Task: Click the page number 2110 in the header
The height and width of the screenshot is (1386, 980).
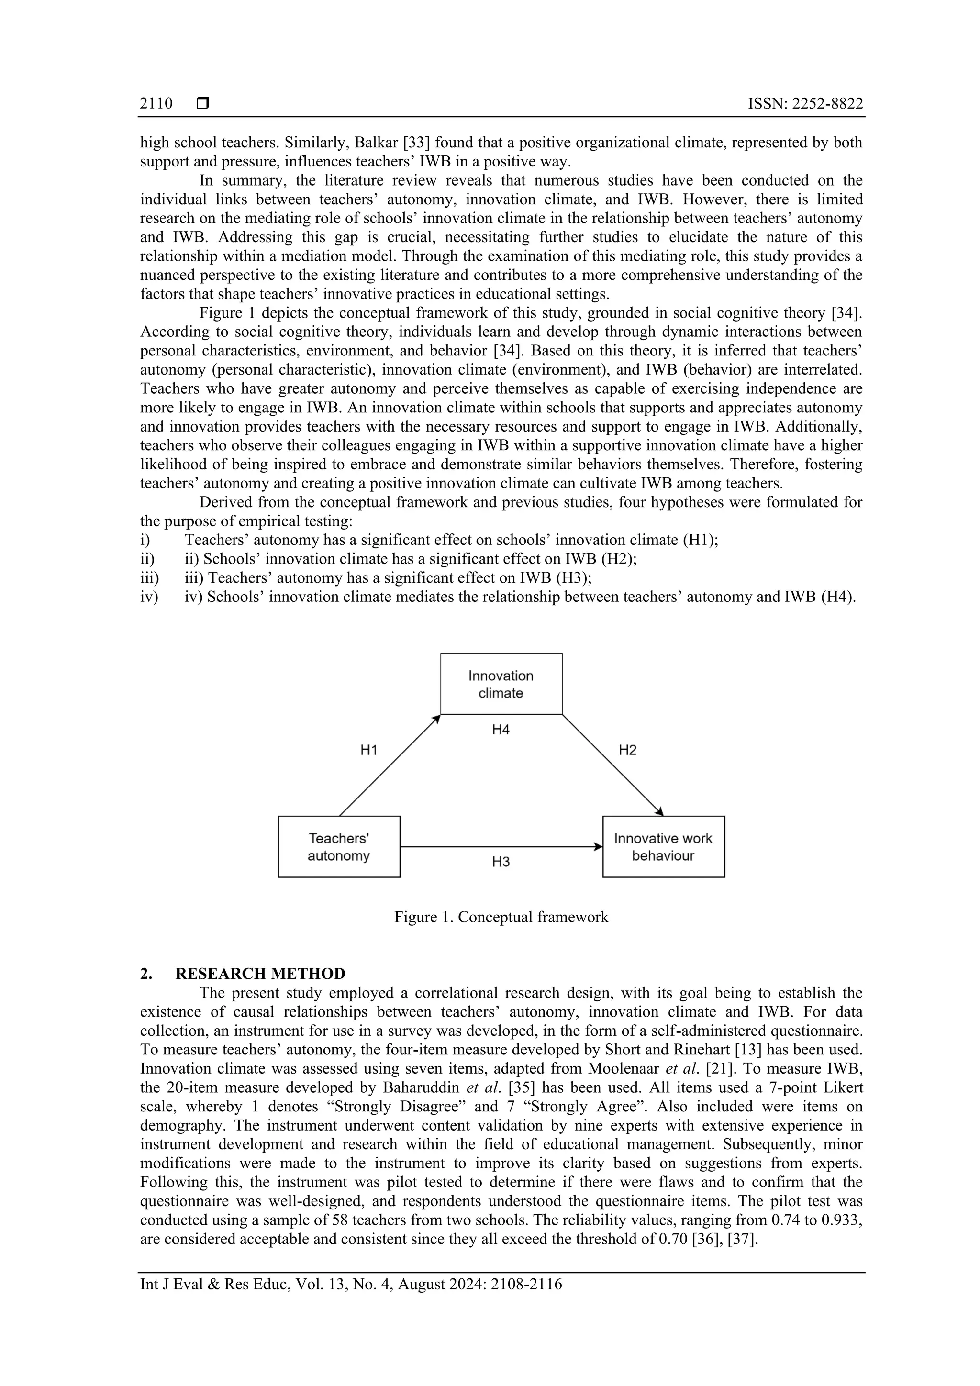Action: tap(156, 104)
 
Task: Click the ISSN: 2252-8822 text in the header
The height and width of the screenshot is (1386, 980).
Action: tap(805, 104)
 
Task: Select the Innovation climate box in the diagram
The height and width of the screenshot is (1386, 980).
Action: tap(501, 684)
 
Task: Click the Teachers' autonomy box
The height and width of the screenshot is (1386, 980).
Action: tap(339, 847)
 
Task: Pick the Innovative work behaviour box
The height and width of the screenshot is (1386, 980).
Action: tap(663, 847)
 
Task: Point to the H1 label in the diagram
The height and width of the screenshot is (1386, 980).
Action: tap(369, 750)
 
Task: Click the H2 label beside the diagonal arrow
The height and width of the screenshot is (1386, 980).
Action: tap(628, 750)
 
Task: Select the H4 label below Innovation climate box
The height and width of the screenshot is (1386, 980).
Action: tap(501, 730)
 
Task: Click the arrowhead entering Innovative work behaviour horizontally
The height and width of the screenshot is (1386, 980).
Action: tap(599, 847)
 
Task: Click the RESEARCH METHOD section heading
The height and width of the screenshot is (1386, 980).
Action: tap(260, 974)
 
